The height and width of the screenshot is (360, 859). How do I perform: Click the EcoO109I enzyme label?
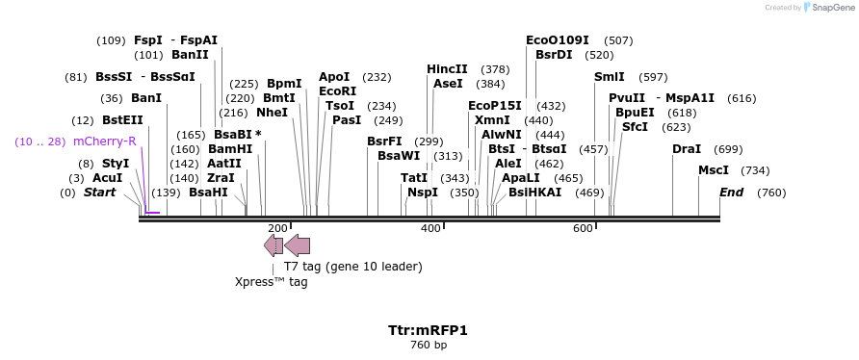click(558, 40)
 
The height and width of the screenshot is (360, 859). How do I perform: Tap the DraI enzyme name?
click(687, 149)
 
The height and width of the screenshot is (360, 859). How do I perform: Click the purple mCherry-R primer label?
click(105, 141)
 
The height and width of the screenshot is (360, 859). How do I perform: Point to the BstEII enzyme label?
click(122, 120)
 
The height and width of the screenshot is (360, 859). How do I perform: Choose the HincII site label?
click(447, 69)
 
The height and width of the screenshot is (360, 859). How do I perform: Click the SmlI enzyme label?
click(610, 77)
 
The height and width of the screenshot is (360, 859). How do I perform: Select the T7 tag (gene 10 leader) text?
click(352, 266)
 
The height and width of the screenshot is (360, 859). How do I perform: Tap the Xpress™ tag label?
click(272, 282)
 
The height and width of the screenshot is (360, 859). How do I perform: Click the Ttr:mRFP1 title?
click(429, 330)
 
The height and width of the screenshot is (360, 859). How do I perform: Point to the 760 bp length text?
click(429, 345)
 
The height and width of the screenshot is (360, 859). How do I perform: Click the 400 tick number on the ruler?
click(430, 228)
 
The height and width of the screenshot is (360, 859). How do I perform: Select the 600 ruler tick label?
click(583, 228)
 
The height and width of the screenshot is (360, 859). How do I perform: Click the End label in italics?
click(731, 193)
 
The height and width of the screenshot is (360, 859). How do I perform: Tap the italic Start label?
click(99, 193)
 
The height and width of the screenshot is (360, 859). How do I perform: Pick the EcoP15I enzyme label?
click(494, 106)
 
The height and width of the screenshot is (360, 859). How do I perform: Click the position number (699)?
click(728, 149)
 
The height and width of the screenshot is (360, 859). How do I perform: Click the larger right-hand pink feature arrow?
click(297, 244)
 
